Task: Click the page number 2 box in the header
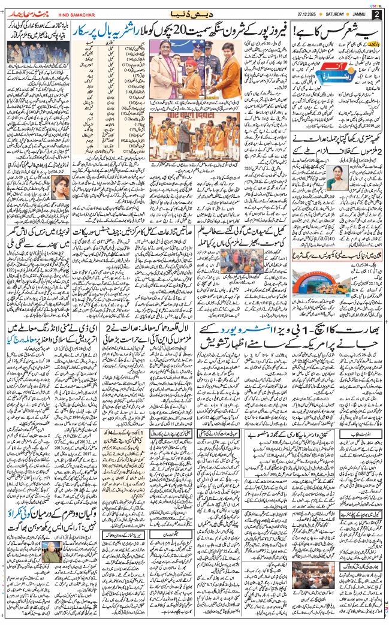click(x=376, y=14)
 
